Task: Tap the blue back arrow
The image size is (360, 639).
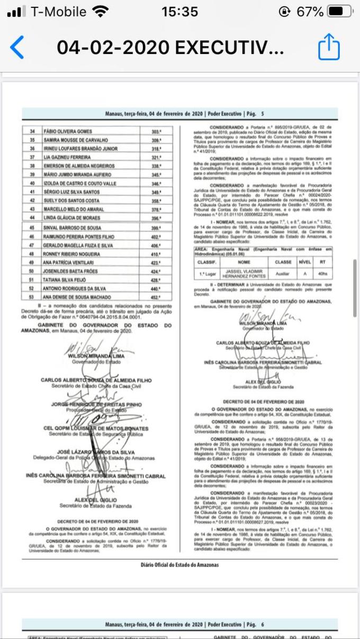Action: point(17,48)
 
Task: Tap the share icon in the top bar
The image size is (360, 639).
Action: point(328,47)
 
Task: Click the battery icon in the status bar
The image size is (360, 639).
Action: point(342,12)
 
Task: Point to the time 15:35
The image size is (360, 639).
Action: point(179,12)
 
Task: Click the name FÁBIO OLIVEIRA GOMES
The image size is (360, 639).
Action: point(68,131)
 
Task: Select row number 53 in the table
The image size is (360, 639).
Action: point(31,298)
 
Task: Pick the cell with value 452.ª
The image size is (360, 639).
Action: point(156,298)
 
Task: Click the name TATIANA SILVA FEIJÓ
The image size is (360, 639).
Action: point(65,280)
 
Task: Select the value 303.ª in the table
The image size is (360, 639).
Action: point(156,131)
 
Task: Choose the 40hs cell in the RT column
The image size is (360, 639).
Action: point(322,274)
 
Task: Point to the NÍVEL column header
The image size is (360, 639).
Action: point(304,262)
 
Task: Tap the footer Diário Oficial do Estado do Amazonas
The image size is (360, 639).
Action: point(179,564)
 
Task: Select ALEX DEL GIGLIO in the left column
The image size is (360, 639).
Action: point(96,500)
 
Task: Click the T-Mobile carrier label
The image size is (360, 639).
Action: point(58,12)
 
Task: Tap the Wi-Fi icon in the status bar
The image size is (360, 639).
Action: point(99,12)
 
